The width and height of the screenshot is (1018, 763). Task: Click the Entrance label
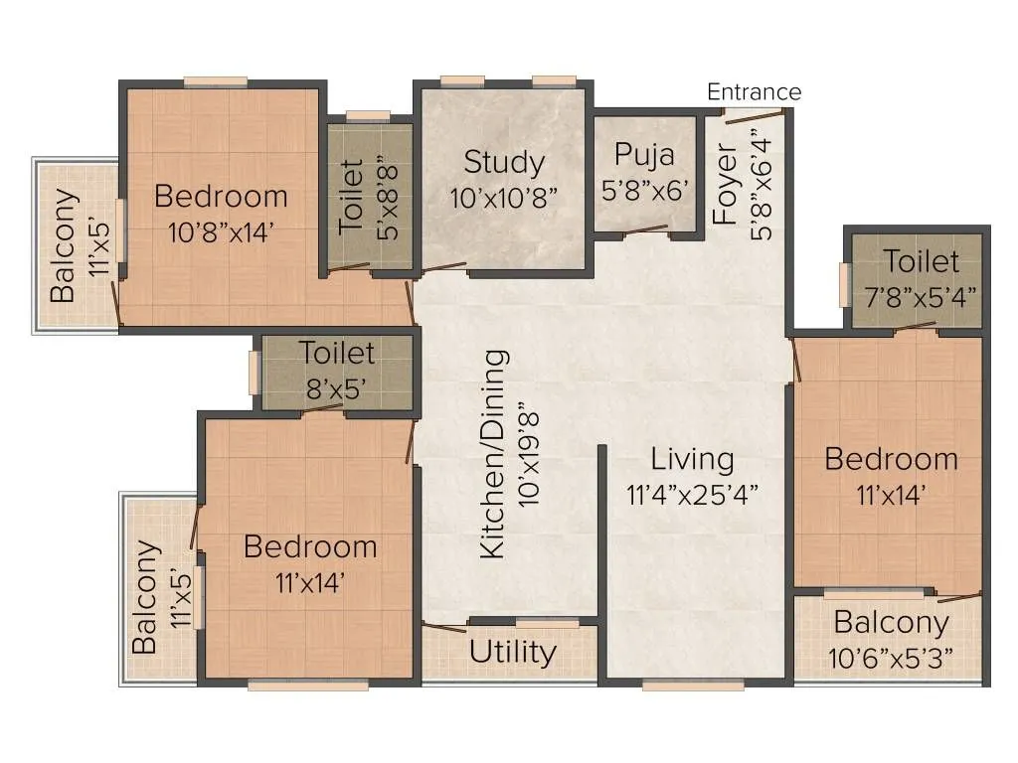click(754, 92)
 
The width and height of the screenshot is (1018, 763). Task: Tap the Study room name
click(504, 162)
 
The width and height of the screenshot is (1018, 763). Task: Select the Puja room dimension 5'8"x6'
click(645, 190)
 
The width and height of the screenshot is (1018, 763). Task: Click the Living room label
click(693, 460)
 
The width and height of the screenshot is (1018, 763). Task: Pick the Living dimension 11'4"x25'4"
click(693, 495)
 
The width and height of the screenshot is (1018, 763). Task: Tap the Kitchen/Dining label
click(494, 453)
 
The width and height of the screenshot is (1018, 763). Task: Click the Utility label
click(512, 653)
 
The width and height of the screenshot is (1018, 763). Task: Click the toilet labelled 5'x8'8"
click(369, 194)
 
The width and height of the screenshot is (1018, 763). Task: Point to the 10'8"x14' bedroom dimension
click(221, 232)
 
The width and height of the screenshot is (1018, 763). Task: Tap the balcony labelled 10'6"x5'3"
click(891, 640)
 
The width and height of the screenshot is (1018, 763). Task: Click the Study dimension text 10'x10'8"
click(503, 197)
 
